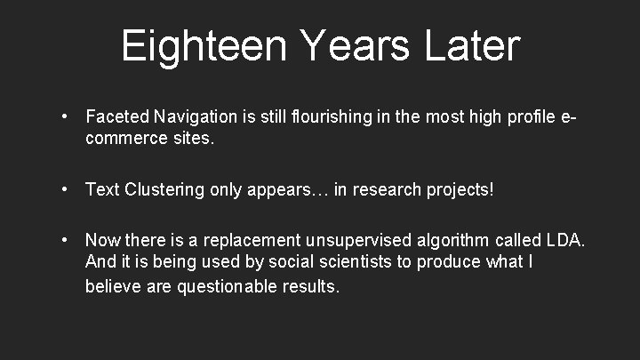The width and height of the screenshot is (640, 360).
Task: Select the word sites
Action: coord(194,138)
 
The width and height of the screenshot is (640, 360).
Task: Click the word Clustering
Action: coord(167,189)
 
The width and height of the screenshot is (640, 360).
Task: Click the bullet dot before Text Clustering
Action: coord(66,189)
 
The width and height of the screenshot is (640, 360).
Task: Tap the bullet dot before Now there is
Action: coord(66,241)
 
